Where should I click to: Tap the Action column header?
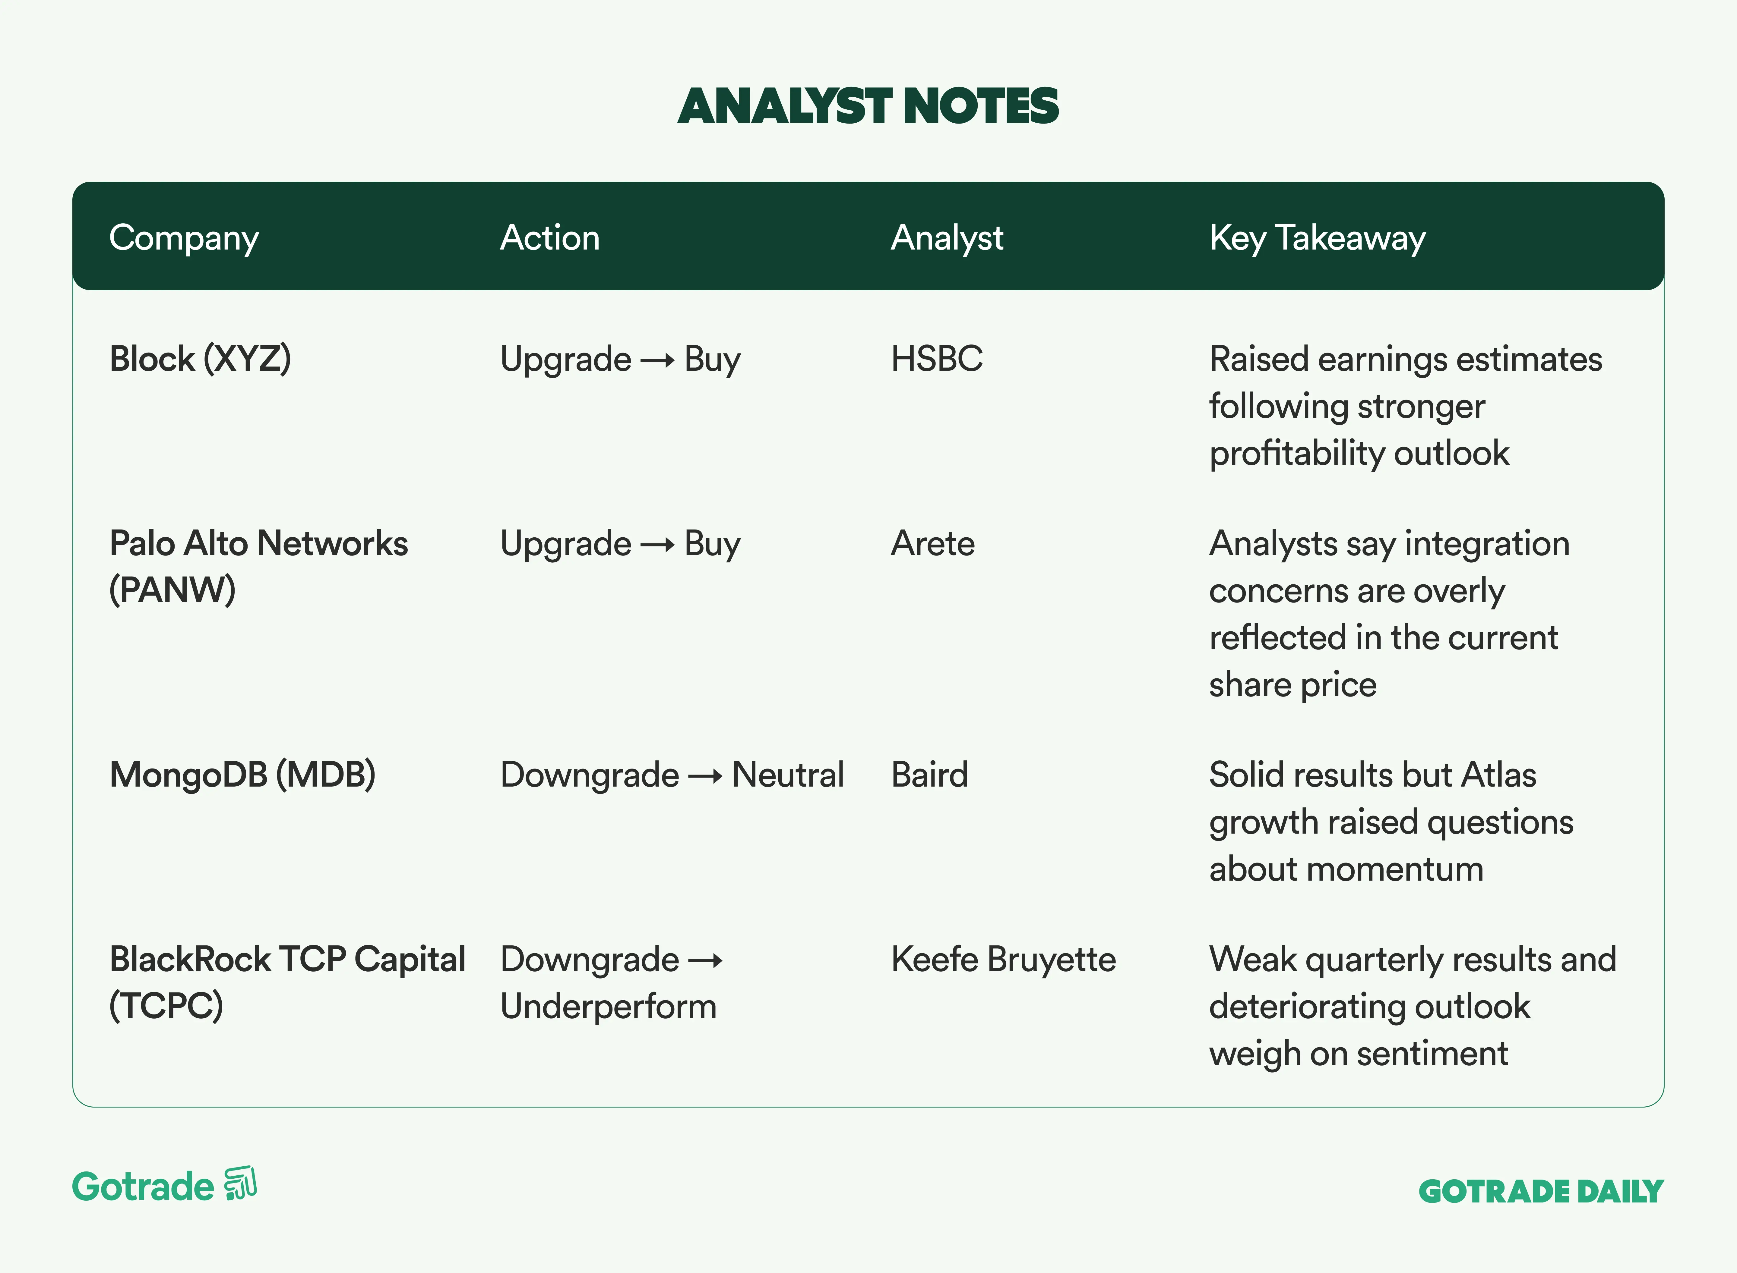(550, 237)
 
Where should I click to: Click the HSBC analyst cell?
(937, 359)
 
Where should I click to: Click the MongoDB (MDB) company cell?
(242, 775)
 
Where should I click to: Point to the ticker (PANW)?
(172, 590)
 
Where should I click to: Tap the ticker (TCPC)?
(166, 1006)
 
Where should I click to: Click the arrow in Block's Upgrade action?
(658, 360)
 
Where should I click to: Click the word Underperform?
(608, 1006)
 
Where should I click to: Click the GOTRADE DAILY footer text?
(1541, 1191)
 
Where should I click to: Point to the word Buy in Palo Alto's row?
(712, 545)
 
